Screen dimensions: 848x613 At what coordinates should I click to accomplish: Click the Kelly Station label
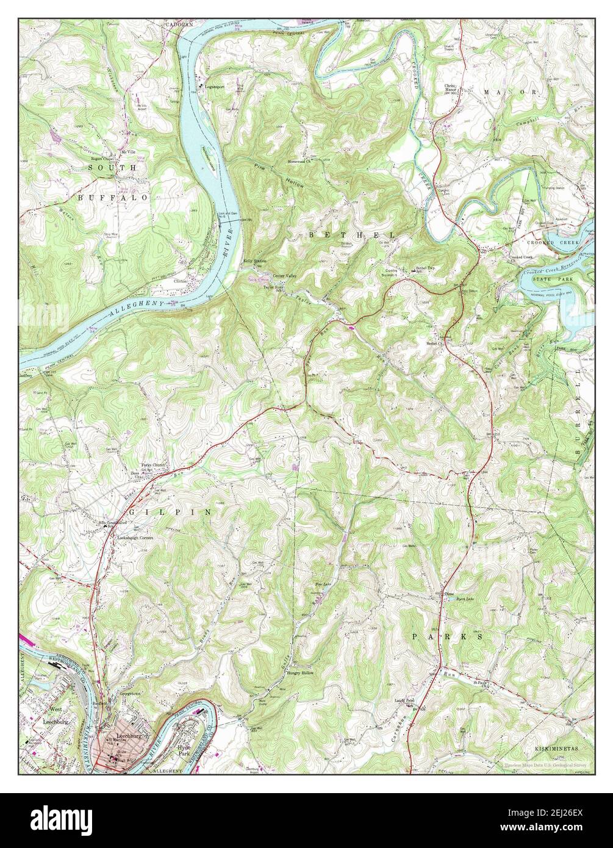(256, 261)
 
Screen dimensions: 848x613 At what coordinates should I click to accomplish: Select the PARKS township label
(448, 636)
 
